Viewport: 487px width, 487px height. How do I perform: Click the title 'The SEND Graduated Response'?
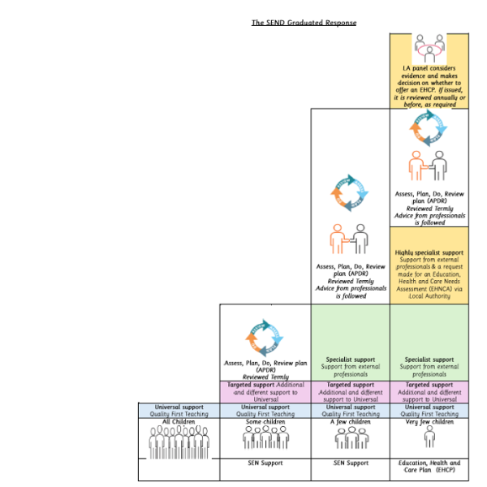point(304,23)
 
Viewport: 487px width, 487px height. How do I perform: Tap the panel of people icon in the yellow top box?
point(429,47)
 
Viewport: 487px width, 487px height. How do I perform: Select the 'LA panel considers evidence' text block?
point(429,86)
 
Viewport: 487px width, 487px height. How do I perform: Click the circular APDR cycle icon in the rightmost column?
point(428,129)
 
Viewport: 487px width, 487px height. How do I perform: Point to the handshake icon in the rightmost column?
point(428,166)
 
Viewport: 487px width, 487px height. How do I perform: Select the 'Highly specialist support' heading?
point(429,252)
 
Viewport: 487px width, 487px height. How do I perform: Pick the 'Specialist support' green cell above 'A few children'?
point(350,366)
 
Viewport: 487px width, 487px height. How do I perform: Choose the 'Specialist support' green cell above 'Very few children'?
point(429,366)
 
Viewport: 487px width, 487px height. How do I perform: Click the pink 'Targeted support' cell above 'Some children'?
point(265,391)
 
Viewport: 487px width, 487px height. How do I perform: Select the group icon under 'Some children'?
point(265,438)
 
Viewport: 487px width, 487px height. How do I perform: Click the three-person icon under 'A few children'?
point(350,438)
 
